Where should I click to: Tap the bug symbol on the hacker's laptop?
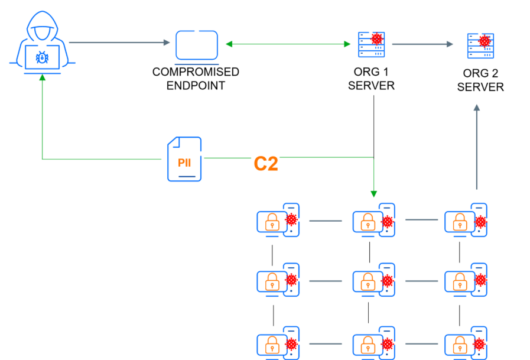pos(42,57)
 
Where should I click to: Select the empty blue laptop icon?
pos(197,46)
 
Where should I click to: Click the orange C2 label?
pos(266,164)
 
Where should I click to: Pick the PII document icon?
pos(184,159)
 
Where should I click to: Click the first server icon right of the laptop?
pos(372,44)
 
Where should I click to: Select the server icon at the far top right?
pos(480,46)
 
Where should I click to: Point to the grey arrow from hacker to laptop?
pos(118,43)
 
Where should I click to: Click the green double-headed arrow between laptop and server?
pos(288,44)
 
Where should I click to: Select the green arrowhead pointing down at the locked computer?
pos(373,193)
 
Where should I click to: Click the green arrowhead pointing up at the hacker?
pos(42,77)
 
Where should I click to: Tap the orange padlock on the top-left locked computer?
pos(272,222)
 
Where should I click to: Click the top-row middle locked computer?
pos(373,220)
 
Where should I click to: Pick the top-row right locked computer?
pos(466,220)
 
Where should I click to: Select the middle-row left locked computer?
pos(277,280)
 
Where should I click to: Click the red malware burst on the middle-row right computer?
pos(480,280)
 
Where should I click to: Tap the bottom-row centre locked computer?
pos(373,343)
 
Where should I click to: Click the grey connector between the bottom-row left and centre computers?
pos(326,344)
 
